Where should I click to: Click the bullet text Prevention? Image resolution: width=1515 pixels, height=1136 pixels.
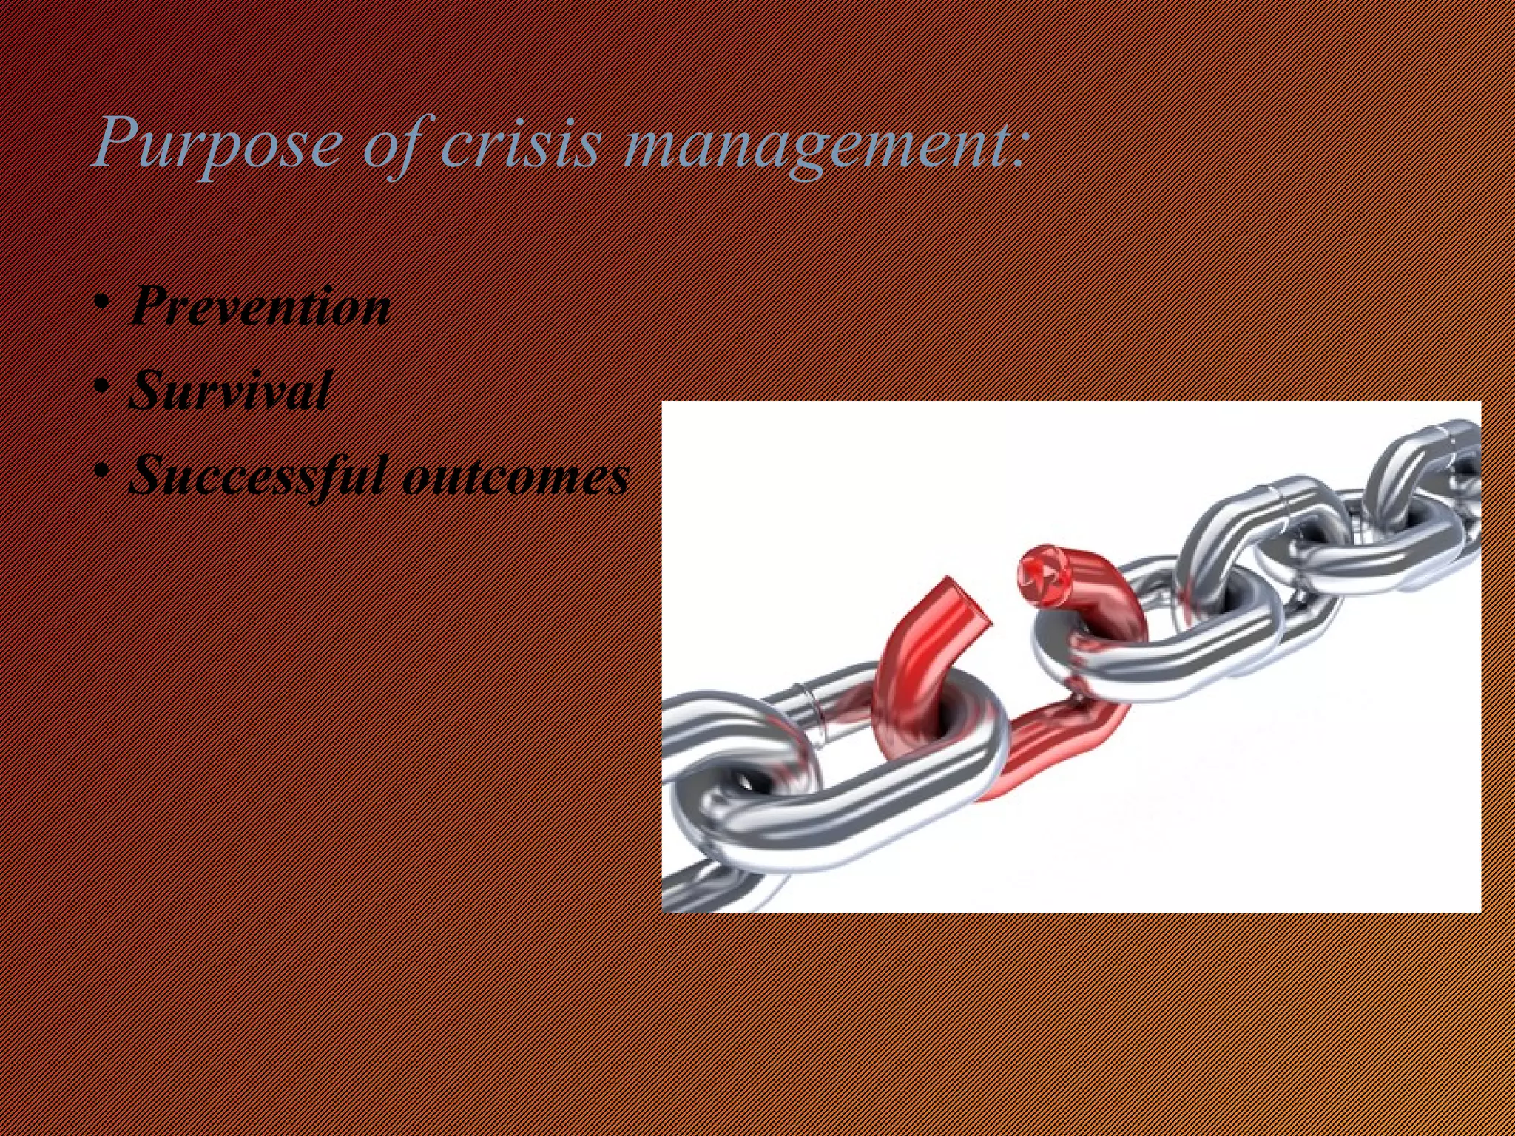click(x=260, y=305)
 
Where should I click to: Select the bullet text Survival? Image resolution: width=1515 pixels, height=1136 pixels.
click(x=229, y=390)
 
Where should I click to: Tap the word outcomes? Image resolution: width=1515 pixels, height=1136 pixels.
click(x=516, y=476)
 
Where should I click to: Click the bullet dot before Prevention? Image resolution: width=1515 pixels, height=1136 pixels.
click(x=103, y=303)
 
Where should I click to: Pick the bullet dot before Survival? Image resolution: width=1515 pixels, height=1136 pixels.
click(x=103, y=388)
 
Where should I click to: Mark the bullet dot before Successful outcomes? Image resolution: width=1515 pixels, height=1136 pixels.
click(x=103, y=472)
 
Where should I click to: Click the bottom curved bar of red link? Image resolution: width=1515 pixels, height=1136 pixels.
click(x=1050, y=747)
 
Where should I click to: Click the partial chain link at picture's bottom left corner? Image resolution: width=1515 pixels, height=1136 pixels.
click(x=695, y=887)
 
